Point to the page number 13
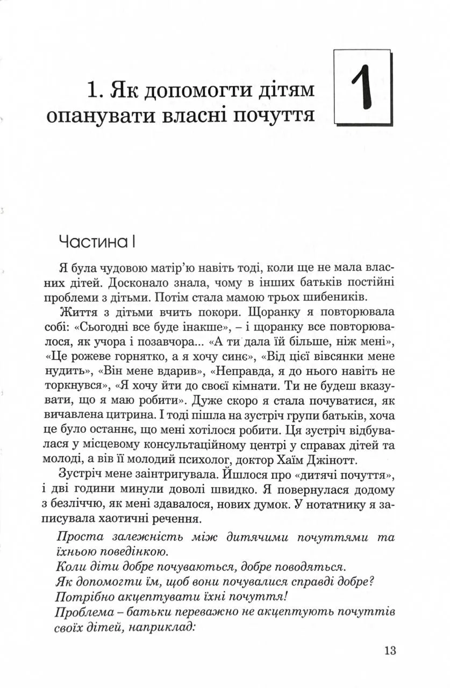click(x=390, y=650)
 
